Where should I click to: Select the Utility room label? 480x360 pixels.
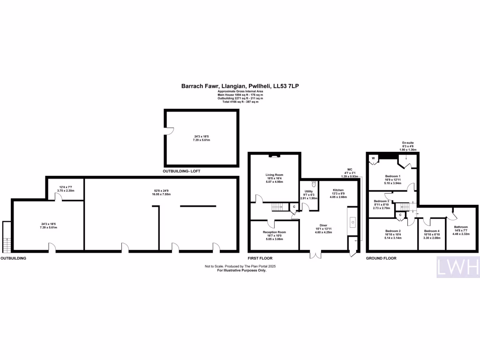(309, 192)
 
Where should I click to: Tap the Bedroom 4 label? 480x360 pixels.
(432, 231)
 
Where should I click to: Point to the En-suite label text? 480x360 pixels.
(408, 142)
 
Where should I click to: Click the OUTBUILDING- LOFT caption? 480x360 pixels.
(181, 172)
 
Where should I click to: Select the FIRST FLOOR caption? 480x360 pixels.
(260, 258)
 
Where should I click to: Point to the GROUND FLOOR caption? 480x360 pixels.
(382, 258)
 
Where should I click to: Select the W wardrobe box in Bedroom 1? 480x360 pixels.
(374, 158)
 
